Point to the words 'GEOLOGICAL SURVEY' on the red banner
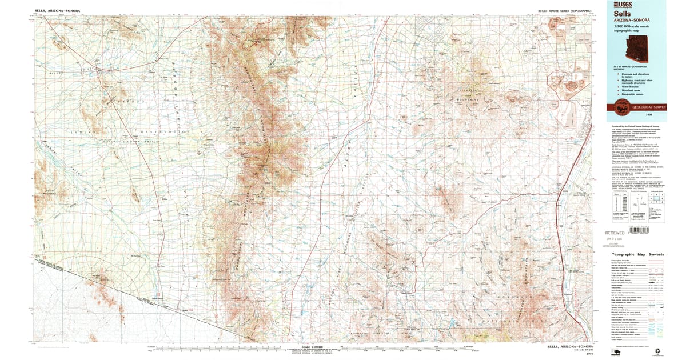[x=646, y=106]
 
